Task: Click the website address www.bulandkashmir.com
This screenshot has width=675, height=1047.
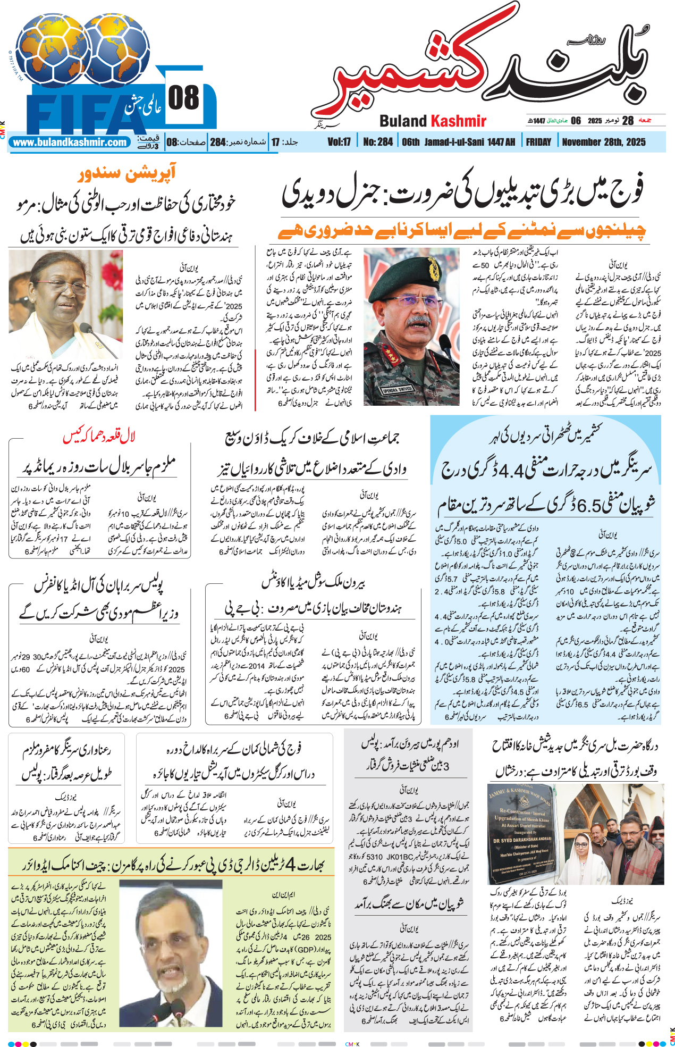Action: (70, 143)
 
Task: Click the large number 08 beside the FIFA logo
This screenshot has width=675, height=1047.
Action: (183, 98)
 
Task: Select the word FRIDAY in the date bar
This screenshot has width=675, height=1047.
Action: (538, 142)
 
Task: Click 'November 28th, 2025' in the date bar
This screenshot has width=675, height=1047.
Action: (603, 142)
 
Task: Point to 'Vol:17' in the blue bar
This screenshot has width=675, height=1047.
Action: (339, 142)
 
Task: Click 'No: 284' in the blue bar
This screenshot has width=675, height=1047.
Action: (378, 142)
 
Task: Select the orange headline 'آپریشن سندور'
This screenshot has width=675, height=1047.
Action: (126, 174)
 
